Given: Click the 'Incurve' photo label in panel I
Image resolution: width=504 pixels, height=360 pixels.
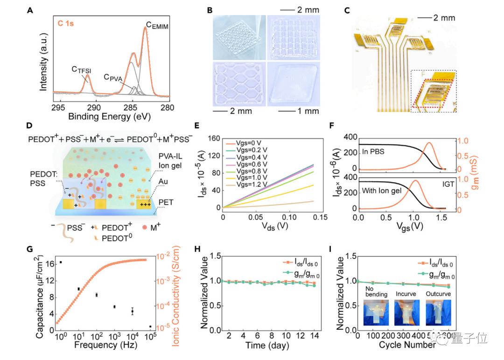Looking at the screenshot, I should [406, 294].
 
